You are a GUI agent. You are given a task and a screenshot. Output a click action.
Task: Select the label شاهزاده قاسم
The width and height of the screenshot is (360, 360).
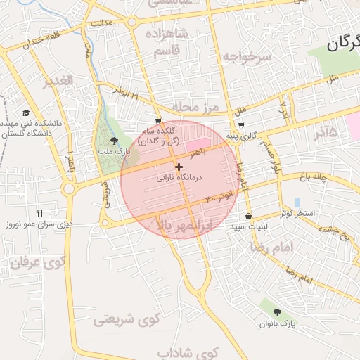pos(166,41)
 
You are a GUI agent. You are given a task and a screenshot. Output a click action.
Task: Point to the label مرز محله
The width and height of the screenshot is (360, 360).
pos(196,107)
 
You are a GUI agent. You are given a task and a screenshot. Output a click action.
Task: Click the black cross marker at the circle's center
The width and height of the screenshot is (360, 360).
pos(179,167)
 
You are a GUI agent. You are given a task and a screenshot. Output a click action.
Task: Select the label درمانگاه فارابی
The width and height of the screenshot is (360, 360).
pos(179,179)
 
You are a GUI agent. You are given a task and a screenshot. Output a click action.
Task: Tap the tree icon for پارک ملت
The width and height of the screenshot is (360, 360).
pos(115,141)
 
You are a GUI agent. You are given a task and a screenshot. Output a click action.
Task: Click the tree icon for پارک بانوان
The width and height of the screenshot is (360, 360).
pos(276,312)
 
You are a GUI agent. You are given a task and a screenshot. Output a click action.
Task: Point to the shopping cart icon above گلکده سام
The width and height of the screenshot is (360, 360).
pos(158,120)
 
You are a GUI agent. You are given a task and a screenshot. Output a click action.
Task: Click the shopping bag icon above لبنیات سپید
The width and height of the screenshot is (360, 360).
pos(248,216)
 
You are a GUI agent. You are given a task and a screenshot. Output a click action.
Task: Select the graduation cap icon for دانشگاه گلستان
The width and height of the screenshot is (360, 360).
pos(26,112)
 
